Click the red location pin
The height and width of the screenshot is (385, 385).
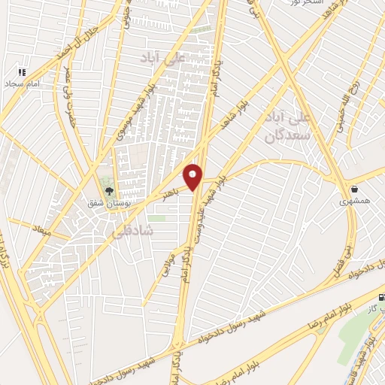coord(194,176)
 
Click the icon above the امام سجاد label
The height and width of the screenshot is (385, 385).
coord(22,72)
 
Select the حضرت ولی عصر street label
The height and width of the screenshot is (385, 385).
coord(74,114)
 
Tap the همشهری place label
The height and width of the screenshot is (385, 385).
coord(354,201)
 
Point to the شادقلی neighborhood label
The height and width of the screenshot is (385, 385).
coord(132,232)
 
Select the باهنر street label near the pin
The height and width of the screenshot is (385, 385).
coord(171,194)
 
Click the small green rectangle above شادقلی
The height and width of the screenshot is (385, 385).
coord(156,218)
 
